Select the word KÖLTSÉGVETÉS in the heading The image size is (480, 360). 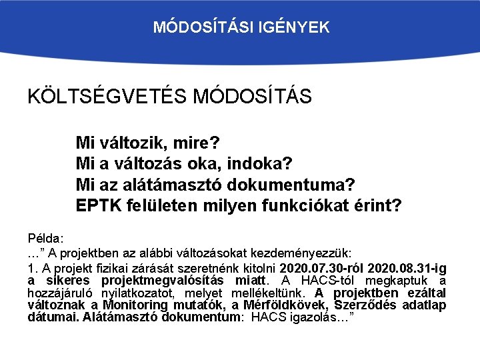coord(107,97)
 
